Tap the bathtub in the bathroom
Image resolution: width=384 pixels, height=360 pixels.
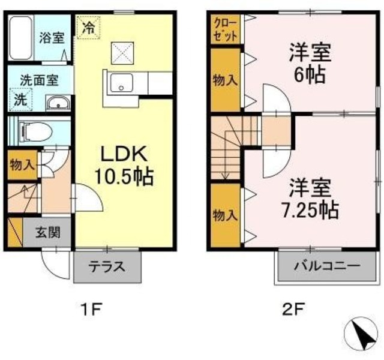click(x=22, y=37)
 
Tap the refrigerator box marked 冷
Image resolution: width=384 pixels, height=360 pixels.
click(x=88, y=28)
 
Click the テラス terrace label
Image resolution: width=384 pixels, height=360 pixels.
click(x=107, y=267)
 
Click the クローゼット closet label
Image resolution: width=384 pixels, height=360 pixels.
click(x=225, y=29)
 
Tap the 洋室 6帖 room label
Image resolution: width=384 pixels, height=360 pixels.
click(x=310, y=62)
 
